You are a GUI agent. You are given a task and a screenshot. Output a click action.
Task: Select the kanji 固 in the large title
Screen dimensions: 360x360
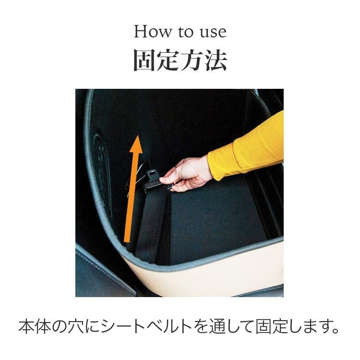[144, 60]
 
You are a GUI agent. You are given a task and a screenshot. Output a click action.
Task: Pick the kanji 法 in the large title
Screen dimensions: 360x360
[216, 60]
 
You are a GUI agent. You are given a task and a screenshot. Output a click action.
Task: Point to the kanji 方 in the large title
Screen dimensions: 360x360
[192, 60]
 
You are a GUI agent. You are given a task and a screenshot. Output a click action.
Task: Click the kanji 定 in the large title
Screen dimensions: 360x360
[168, 60]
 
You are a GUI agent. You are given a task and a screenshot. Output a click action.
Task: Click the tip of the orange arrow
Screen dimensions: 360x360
[137, 135]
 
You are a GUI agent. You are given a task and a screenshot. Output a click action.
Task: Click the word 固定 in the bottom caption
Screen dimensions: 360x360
[271, 327]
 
